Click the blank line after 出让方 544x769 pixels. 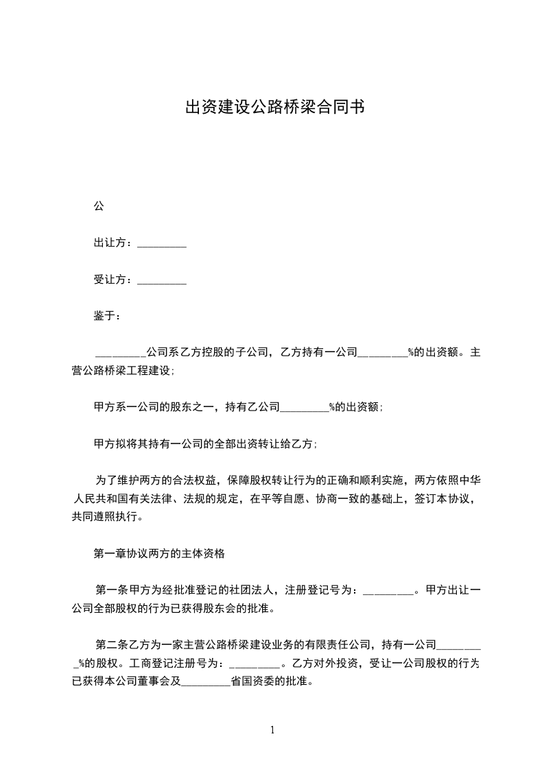(x=162, y=244)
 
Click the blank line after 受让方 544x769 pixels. (x=162, y=281)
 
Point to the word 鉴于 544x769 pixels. (x=106, y=316)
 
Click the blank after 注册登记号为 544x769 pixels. (x=388, y=591)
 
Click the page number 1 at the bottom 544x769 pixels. (x=272, y=730)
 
